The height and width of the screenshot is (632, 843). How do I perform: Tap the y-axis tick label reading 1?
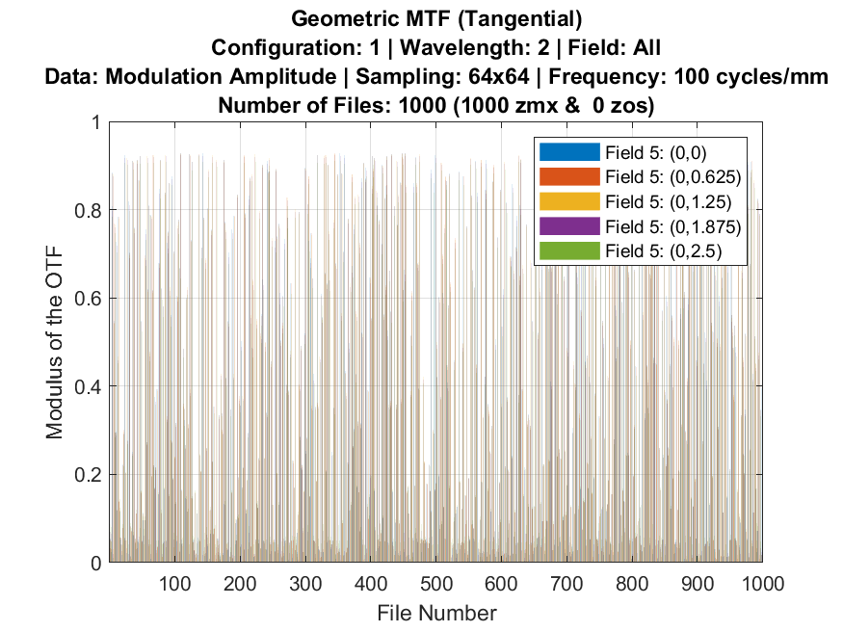tap(98, 122)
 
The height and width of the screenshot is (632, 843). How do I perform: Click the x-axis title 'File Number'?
tap(436, 613)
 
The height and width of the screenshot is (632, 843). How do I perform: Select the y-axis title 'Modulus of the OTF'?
tap(56, 343)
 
